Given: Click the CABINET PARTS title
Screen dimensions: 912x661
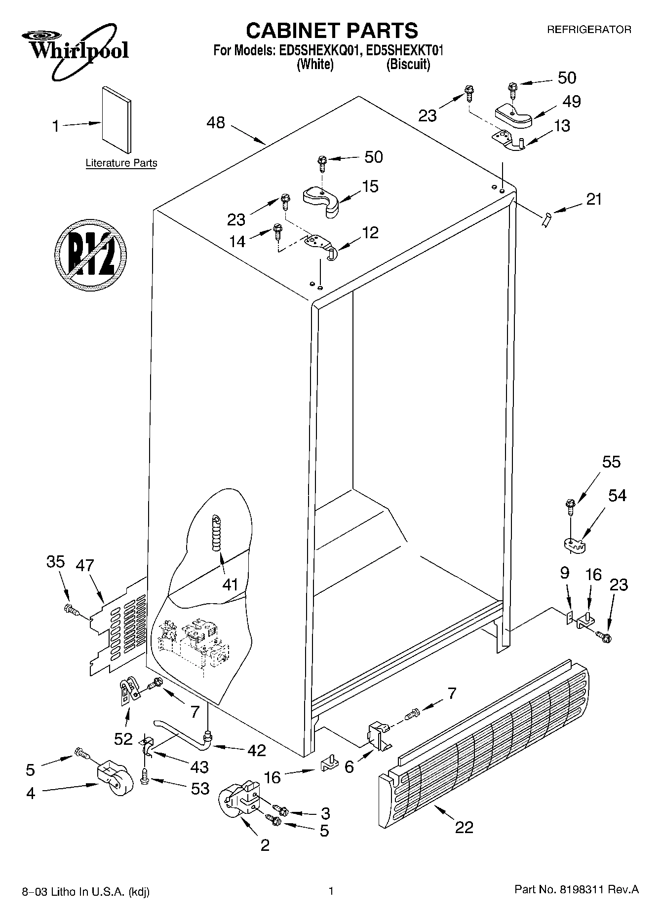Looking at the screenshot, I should point(331,31).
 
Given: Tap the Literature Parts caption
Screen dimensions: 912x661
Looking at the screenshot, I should point(121,163).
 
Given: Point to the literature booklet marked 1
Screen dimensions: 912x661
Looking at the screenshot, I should point(117,119).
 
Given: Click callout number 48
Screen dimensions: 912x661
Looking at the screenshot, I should point(216,123).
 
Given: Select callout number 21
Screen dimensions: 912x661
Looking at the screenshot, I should point(594,199).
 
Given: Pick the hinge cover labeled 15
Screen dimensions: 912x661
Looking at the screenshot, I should point(321,200).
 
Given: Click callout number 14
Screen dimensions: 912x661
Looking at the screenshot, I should point(237,242).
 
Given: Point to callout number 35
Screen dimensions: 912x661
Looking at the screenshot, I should point(56,561).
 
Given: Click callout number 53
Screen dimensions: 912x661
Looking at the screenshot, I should point(200,789).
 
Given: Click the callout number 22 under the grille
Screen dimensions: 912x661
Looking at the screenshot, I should point(464,827).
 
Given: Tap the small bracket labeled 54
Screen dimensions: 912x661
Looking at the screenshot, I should point(573,544).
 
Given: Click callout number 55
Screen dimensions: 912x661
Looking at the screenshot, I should point(611,462).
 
